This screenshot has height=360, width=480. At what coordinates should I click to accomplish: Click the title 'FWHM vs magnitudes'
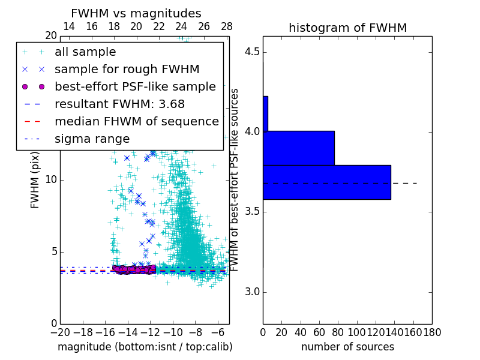136,13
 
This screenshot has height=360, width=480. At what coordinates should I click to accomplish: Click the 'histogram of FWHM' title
347,28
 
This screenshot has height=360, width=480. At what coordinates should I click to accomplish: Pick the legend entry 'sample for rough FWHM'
127,69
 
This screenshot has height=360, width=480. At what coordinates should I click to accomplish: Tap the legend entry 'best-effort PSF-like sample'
135,86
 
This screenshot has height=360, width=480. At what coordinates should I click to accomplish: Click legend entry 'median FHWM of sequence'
136,121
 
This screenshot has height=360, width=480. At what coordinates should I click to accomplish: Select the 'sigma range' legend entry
92,139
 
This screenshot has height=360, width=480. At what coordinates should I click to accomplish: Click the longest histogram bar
326,182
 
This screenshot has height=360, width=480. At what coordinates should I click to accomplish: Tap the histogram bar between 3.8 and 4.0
298,148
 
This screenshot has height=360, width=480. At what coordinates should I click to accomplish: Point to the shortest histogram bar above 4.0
265,113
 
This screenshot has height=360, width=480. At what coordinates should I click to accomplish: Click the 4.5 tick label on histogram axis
253,52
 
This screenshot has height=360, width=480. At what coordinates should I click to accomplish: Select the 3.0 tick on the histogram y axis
253,292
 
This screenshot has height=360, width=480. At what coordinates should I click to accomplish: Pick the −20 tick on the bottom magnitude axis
60,332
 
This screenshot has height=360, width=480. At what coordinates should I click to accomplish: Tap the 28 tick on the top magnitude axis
227,27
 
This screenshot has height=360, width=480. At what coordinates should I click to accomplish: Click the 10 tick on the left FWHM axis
51,180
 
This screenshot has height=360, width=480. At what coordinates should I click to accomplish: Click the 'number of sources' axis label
347,347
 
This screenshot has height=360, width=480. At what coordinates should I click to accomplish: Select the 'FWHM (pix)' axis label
35,180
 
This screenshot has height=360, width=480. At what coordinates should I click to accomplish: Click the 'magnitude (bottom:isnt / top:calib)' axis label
145,347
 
